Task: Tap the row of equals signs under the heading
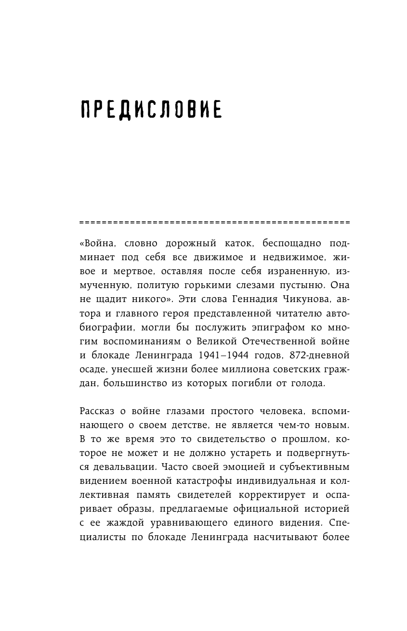213,223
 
